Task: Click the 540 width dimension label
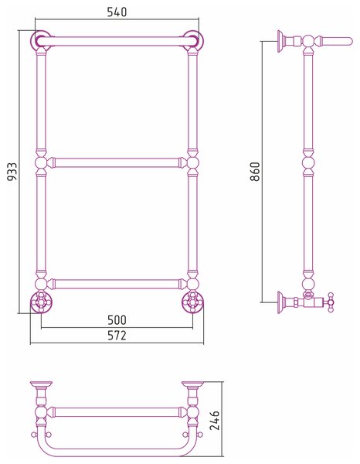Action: [117, 12]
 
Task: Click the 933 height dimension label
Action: [12, 172]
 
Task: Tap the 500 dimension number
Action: [117, 320]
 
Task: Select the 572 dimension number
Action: [117, 336]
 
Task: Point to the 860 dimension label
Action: [255, 172]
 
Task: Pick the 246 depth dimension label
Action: [214, 420]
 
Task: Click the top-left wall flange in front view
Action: [41, 40]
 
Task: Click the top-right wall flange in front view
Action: [192, 40]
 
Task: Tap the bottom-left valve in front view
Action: [41, 302]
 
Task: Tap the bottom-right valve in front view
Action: [192, 302]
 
